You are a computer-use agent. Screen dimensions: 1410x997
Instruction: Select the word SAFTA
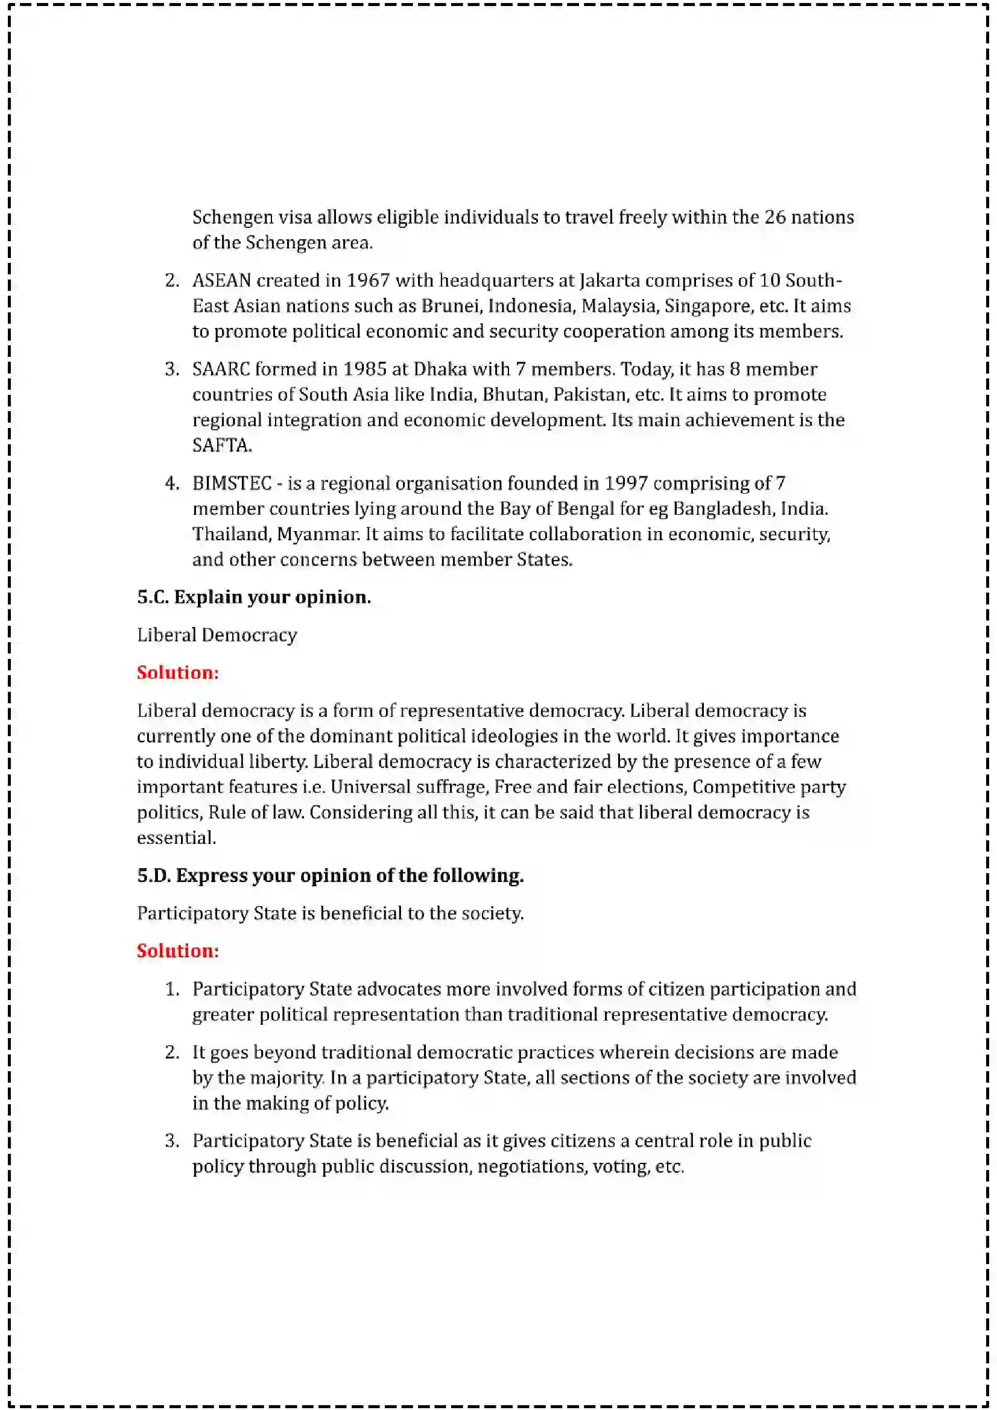tap(221, 445)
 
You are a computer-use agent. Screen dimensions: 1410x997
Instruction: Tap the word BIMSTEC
tap(232, 483)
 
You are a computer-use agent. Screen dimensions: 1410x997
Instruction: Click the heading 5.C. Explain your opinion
tap(254, 597)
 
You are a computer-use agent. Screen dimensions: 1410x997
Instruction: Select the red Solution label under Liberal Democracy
tap(177, 673)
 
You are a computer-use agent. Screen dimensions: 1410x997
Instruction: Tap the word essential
tap(176, 838)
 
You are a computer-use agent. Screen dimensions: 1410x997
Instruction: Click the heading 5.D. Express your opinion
tap(330, 875)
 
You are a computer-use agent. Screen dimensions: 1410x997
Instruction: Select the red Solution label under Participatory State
tap(177, 951)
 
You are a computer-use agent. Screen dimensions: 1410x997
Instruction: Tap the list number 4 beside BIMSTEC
tap(171, 483)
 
